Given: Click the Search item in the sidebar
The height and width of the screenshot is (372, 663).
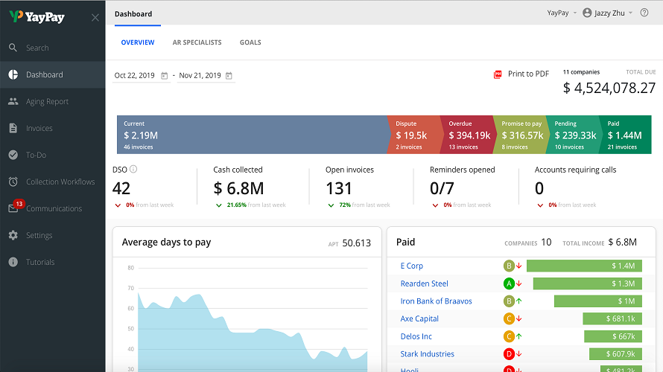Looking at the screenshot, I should (37, 48).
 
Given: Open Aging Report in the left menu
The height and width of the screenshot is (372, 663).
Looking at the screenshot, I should (47, 101).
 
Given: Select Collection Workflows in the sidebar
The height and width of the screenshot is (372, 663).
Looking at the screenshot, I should (60, 182).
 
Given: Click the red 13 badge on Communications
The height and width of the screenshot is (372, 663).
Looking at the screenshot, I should (19, 204).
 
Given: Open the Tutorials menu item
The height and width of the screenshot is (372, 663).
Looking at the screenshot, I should (40, 262).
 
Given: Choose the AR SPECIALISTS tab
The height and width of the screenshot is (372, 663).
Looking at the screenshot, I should (197, 42).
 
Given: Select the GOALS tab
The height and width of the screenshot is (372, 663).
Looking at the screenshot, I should (250, 42).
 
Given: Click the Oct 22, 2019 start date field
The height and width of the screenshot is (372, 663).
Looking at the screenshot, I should (136, 76).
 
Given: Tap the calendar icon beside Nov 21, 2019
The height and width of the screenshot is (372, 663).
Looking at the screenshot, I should (229, 76).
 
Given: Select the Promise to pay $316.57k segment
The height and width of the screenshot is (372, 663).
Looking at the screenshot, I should (521, 135).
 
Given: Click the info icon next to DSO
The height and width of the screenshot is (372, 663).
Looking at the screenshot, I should (134, 170).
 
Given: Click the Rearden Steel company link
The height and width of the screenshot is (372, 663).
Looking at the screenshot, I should (424, 283).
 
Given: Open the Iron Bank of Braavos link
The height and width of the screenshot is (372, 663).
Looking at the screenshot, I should (436, 301).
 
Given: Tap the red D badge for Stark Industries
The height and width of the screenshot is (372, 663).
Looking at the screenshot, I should (509, 354).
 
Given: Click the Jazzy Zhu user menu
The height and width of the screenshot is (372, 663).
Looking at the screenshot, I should (607, 13).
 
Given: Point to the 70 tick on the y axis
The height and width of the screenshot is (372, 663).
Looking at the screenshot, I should (130, 288).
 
